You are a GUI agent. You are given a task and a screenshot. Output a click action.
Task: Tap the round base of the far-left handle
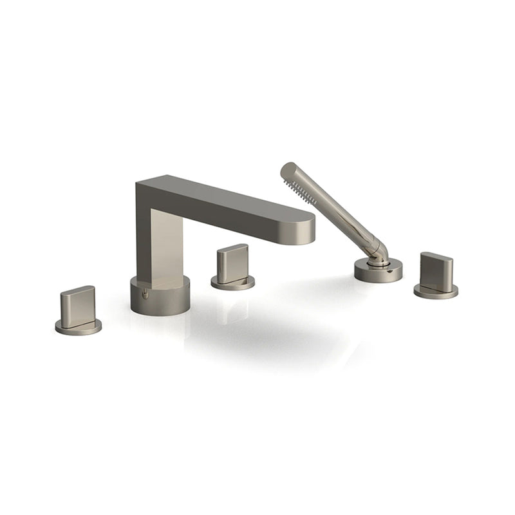tap(78, 327)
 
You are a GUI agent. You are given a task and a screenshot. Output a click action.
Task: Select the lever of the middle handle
tap(232, 262)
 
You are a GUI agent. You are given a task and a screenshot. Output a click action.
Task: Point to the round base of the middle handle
tap(232, 282)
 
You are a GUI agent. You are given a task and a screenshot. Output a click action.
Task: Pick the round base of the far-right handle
tap(436, 291)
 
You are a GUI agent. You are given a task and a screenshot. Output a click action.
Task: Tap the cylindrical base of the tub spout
tap(160, 296)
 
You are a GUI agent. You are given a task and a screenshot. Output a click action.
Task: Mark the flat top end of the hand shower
tap(288, 169)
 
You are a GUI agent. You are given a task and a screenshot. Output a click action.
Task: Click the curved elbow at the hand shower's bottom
tap(379, 251)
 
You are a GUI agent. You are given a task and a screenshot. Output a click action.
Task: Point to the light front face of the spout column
tap(166, 245)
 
